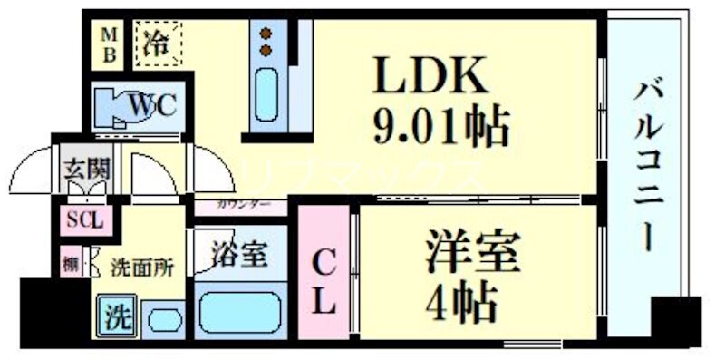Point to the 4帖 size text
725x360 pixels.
click(x=461, y=298)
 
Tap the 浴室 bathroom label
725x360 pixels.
click(x=239, y=255)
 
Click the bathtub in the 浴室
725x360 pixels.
click(x=239, y=311)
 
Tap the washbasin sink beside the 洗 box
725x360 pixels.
click(x=163, y=320)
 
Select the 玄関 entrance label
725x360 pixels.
click(x=86, y=169)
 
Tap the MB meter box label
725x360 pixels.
click(x=108, y=43)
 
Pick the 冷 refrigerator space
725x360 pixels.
click(x=159, y=43)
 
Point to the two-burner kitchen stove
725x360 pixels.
click(x=266, y=42)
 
